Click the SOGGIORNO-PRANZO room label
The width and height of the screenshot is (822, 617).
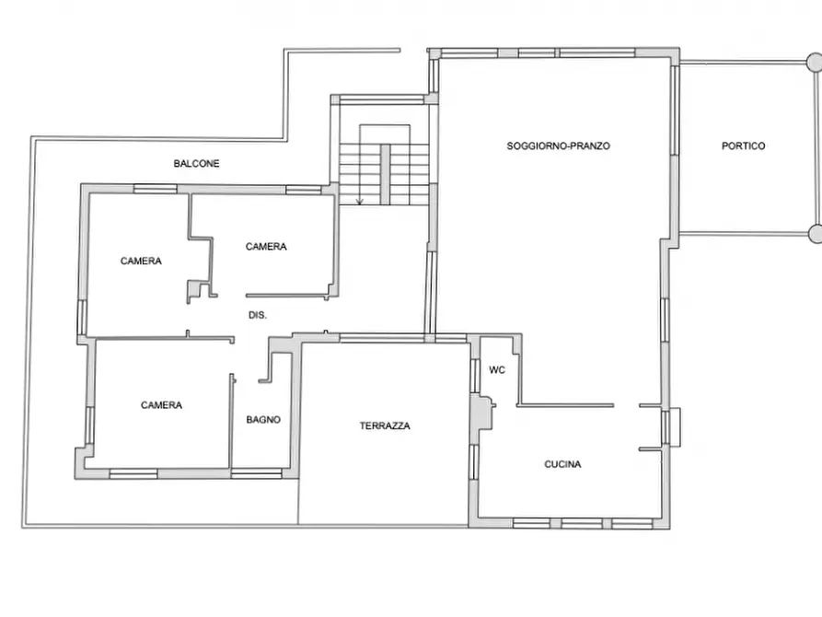[x=559, y=146]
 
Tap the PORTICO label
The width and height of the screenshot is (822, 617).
[x=744, y=146]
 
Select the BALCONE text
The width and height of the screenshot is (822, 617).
[x=197, y=164]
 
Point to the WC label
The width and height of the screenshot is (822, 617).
[x=497, y=370]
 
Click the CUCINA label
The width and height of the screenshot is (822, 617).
[x=562, y=464]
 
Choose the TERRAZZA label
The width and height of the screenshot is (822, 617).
[x=385, y=426]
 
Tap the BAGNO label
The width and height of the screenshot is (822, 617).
[x=263, y=420]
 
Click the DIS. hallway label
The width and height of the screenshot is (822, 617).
[x=258, y=315]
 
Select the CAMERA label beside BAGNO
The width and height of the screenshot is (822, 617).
[x=161, y=405]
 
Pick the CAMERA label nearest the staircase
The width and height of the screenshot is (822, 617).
[x=266, y=247]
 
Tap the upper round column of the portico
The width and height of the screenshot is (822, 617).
[x=814, y=62]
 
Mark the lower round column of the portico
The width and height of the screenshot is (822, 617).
[x=815, y=234]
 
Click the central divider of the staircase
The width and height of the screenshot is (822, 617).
[x=386, y=174]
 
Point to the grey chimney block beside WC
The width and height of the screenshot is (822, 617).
[x=482, y=413]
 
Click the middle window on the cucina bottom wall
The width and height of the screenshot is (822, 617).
[x=582, y=524]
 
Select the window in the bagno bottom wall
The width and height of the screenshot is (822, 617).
[x=256, y=474]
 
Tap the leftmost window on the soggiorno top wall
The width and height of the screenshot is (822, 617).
[x=469, y=53]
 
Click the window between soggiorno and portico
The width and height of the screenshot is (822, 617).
[x=676, y=110]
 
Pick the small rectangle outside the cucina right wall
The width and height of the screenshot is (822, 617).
[x=676, y=427]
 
